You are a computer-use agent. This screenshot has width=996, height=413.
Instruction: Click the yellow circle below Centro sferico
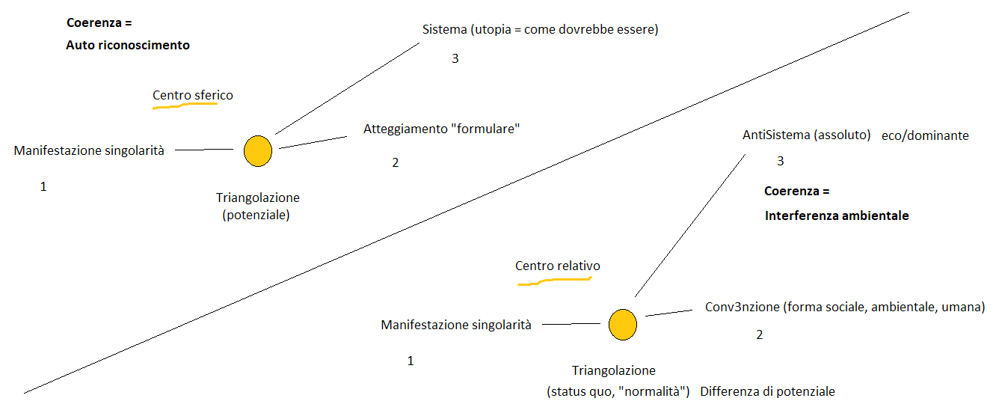pos(258,151)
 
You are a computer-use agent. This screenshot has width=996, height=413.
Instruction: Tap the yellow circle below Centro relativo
pos(622,325)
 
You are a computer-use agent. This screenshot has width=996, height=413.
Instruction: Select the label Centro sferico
pos(193,95)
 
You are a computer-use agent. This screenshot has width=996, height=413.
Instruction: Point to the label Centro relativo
pos(557,266)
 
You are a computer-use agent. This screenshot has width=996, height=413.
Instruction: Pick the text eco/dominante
pos(925,135)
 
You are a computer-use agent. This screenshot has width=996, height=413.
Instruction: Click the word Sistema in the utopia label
pos(444,30)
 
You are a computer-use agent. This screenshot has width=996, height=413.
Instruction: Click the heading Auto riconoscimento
pos(128,45)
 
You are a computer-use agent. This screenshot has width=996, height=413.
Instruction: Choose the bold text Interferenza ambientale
pos(837,215)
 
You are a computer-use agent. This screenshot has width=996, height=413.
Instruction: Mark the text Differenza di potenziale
pos(768,391)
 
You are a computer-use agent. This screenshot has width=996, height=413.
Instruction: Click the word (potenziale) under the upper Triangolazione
pos(257,215)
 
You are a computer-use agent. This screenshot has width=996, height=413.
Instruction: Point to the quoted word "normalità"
pos(652,391)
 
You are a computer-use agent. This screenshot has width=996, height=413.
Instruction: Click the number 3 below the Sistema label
pos(455,58)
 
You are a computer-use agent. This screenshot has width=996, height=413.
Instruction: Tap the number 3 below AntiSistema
pos(781,161)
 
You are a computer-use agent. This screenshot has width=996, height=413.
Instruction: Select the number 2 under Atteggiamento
pos(396,162)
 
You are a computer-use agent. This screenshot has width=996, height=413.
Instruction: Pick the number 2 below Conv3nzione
pos(760,334)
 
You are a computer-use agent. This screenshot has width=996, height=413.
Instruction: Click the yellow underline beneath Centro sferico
pos(185,106)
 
